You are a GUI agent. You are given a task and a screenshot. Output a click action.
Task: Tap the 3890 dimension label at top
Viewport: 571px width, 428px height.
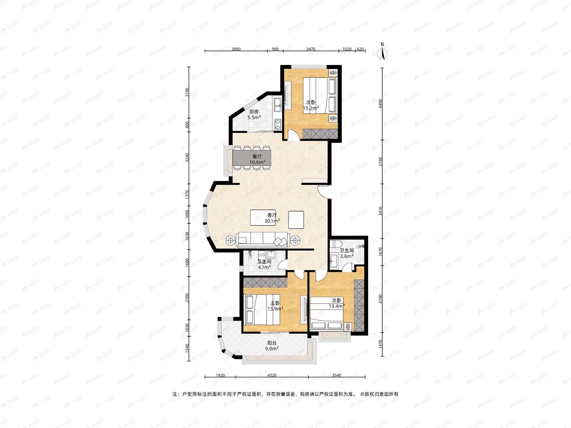pos(236,49)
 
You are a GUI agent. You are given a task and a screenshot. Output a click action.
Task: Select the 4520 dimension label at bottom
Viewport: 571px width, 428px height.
pos(272,375)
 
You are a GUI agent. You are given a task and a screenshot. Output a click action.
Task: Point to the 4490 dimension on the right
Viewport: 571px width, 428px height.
pos(380,103)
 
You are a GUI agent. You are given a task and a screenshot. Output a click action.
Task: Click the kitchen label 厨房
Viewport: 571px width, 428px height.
pos(254,112)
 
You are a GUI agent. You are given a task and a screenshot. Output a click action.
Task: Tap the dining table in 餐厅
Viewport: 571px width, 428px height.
pos(252,158)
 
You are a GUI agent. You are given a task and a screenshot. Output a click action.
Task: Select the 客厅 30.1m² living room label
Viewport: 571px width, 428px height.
pos(272,218)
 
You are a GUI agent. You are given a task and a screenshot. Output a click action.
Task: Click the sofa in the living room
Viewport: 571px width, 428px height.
pos(263,240)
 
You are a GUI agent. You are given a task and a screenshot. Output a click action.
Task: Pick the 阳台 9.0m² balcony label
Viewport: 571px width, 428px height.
pos(272,346)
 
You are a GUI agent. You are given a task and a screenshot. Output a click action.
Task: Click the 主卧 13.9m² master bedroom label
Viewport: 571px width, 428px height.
pos(275,306)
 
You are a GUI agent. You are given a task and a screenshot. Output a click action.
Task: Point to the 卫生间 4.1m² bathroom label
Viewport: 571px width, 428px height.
pos(264,264)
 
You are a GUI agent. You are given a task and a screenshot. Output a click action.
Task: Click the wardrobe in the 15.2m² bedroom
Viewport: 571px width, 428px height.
pos(320,134)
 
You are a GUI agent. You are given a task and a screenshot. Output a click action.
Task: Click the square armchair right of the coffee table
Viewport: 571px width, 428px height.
pos(296,220)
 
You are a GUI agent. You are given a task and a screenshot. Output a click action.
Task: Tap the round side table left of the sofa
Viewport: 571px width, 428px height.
pos(230,240)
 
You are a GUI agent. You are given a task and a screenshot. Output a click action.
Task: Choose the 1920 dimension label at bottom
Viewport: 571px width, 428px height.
pos(220,375)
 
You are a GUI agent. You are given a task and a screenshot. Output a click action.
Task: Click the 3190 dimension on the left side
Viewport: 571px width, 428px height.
pos(187,92)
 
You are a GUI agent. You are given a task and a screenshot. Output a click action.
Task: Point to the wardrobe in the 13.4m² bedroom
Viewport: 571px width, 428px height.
pos(359,305)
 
